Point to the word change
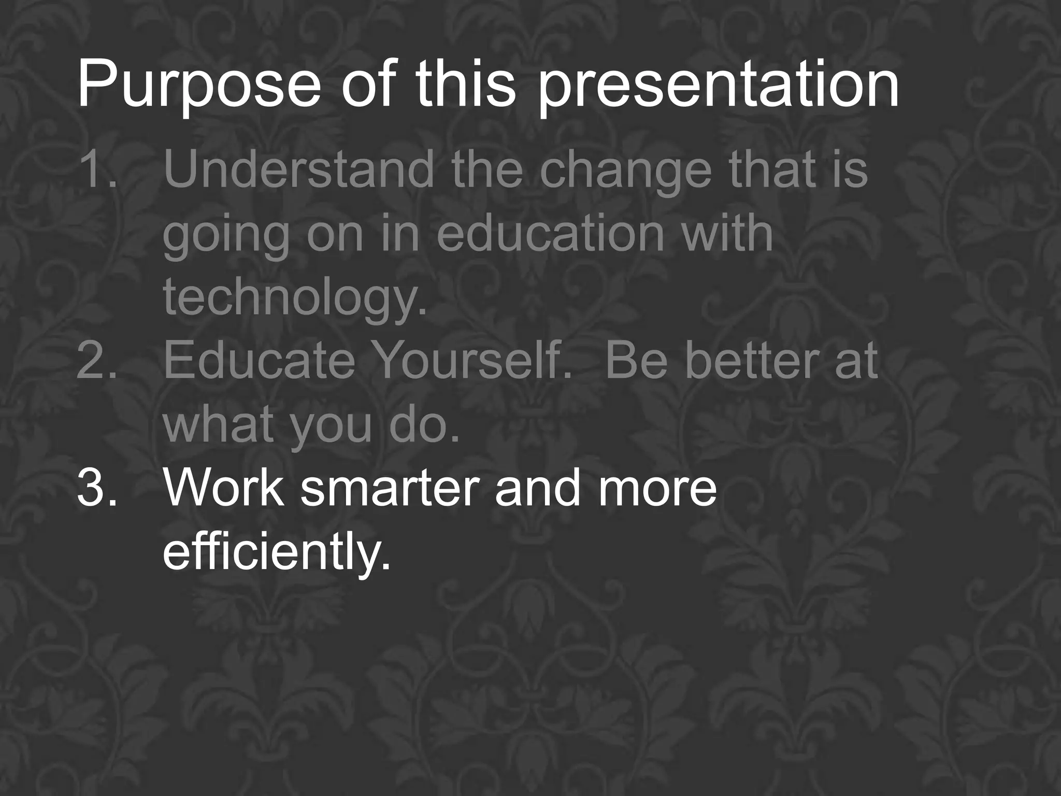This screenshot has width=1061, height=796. click(x=626, y=171)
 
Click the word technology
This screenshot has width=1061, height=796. click(x=294, y=298)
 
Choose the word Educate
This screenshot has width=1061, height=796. click(x=259, y=361)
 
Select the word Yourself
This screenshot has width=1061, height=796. click(x=472, y=361)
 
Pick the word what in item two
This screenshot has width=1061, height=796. click(x=218, y=425)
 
